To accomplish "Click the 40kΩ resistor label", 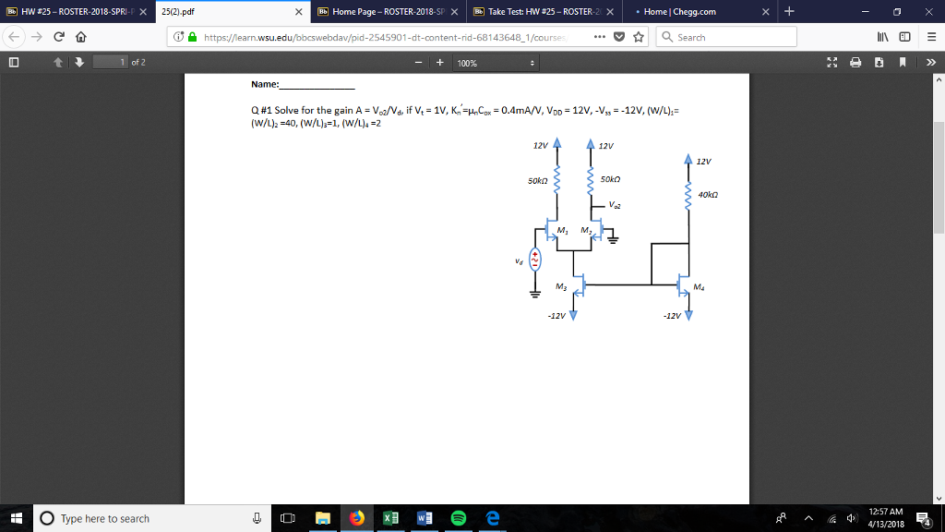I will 709,195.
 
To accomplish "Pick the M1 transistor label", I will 562,229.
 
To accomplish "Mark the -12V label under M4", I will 672,316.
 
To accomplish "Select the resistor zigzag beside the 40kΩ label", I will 687,195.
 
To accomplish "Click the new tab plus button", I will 789,11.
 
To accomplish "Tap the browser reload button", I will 59,37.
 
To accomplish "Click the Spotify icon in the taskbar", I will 458,518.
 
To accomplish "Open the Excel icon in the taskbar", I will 390,518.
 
